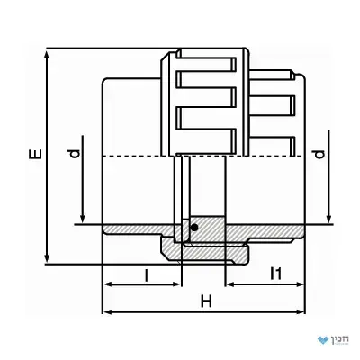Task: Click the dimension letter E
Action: click(x=35, y=153)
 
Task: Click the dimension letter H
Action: click(x=206, y=301)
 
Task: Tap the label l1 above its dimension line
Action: click(x=276, y=274)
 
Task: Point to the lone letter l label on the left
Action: click(x=147, y=275)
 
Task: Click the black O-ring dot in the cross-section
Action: click(x=194, y=228)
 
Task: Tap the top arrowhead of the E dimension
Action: click(x=47, y=56)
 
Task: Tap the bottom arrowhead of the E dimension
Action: click(x=47, y=257)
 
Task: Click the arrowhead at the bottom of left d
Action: click(x=83, y=219)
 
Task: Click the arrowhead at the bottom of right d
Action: click(x=328, y=219)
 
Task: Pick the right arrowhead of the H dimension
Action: click(x=301, y=312)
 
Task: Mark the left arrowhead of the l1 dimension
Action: click(x=230, y=284)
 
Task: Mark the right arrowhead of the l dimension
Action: click(x=176, y=284)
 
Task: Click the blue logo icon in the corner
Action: click(x=323, y=340)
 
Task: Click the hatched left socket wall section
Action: click(x=138, y=229)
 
